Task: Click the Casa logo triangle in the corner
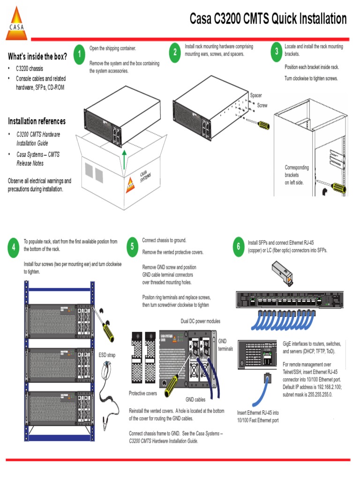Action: [16, 24]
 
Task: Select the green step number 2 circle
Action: [175, 52]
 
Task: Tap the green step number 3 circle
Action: [277, 52]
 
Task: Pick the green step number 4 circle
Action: [14, 247]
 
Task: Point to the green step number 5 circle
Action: [133, 246]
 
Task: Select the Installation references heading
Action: [37, 121]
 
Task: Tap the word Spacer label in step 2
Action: [256, 96]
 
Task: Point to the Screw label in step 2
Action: [262, 105]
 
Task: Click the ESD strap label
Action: [107, 355]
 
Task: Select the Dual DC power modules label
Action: [200, 321]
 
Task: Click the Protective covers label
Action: [142, 393]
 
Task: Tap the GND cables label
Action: [195, 400]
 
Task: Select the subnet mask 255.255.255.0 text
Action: [316, 394]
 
